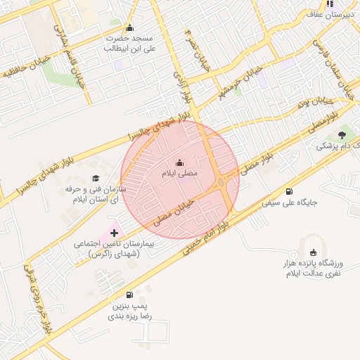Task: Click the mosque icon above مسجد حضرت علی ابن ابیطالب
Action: click(129, 28)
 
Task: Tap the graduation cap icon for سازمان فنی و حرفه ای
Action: click(96, 179)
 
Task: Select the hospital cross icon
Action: click(115, 232)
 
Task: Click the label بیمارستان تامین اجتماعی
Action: click(117, 248)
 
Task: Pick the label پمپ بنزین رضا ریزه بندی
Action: click(129, 312)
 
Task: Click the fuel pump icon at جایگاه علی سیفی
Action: click(290, 191)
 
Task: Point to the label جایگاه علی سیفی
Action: click(290, 202)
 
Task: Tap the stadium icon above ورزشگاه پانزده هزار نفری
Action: click(313, 253)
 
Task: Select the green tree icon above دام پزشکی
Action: click(342, 134)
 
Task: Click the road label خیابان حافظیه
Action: click(28, 64)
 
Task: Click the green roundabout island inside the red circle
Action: click(222, 184)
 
